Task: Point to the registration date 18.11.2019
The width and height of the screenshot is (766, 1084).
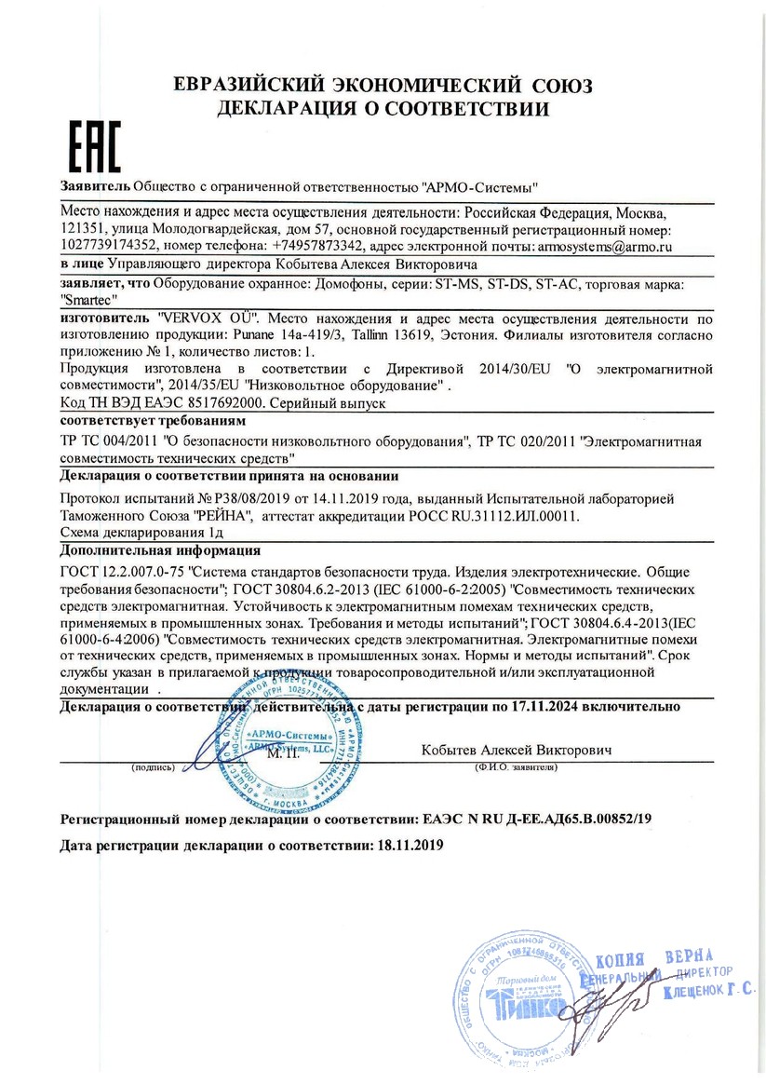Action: (x=408, y=846)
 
